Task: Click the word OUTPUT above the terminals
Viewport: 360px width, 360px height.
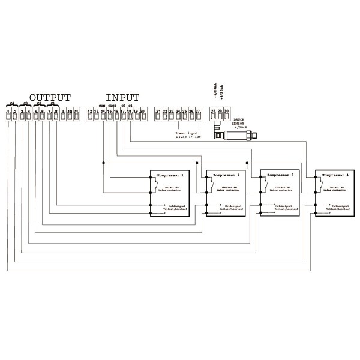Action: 50,97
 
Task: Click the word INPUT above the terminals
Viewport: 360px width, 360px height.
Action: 122,97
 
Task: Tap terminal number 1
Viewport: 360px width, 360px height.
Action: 8,112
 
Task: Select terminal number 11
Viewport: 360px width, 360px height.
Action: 76,112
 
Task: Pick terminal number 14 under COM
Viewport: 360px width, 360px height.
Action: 103,112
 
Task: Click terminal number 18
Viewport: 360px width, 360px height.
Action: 129,112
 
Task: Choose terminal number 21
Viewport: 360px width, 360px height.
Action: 158,112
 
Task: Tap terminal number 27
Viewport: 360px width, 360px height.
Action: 198,112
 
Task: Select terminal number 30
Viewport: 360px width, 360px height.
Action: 226,112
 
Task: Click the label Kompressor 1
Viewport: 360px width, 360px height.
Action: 170,175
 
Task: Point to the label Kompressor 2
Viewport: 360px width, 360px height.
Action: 226,175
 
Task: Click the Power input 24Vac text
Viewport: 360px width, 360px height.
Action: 188,135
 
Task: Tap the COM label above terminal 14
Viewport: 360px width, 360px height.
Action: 101,106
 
